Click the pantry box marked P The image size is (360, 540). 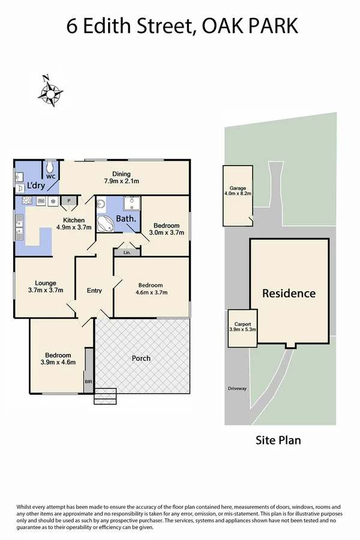(x=69, y=201)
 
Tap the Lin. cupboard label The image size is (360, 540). (x=127, y=253)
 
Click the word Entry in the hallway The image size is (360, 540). (x=94, y=290)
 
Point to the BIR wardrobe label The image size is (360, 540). (x=88, y=380)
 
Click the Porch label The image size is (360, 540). (x=141, y=358)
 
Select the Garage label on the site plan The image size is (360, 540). (x=238, y=188)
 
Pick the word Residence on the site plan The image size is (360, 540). (x=289, y=293)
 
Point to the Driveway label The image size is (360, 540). (x=237, y=388)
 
